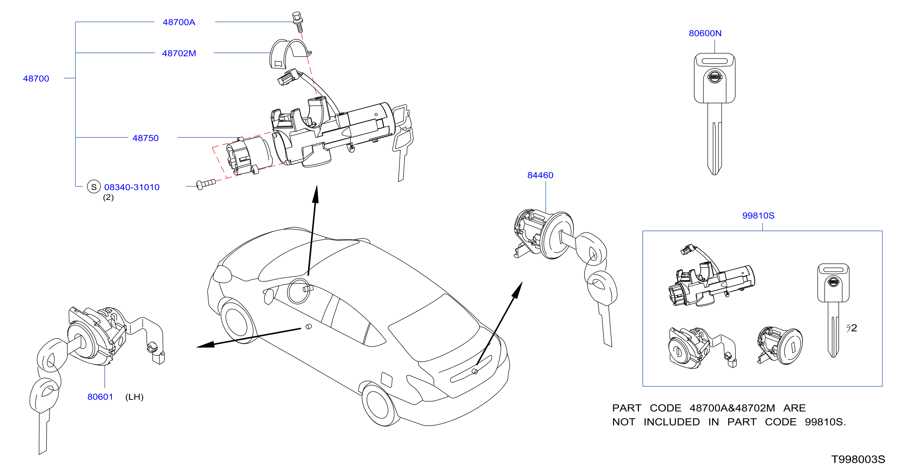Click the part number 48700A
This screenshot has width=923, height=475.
point(179,22)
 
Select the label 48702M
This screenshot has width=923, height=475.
point(179,53)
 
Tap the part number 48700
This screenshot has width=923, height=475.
point(36,78)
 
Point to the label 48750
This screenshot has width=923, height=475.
point(145,138)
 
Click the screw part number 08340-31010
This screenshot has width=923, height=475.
point(131,187)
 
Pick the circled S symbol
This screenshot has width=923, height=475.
point(94,187)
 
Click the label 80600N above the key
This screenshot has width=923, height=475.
point(705,33)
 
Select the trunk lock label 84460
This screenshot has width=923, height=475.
point(540,175)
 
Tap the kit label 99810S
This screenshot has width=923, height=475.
point(758,215)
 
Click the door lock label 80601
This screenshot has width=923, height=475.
point(100,397)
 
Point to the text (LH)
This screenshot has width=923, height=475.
point(134,397)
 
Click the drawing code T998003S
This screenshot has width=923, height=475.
point(858,459)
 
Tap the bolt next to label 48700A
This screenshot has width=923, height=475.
point(298,22)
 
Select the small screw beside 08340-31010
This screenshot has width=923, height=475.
point(206,184)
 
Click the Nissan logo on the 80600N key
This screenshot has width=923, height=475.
point(714,76)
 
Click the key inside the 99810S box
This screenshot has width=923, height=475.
point(833,310)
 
